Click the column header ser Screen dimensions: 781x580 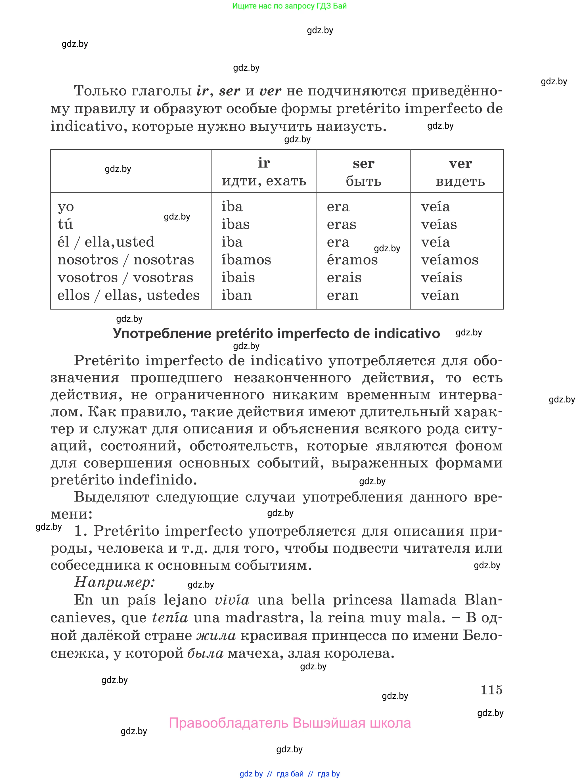coord(363,164)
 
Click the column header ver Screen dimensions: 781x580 coord(460,164)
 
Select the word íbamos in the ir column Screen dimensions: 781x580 coord(246,260)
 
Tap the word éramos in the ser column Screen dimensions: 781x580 coord(352,260)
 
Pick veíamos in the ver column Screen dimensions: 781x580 coord(449,260)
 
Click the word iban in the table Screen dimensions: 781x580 coord(236,295)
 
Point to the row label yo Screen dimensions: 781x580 coord(66,207)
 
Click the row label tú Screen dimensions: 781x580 coord(65,224)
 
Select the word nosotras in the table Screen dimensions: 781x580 coord(164,260)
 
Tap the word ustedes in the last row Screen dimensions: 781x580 coord(173,295)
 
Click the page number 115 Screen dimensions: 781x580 coord(491,690)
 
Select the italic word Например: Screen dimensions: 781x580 coord(114,582)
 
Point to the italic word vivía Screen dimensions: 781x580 coord(232,600)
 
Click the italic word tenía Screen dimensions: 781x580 coord(170,617)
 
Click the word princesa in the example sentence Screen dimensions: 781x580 coord(362,600)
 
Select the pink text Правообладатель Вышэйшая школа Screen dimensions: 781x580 coord(290,723)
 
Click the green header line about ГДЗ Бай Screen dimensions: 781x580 coord(289,6)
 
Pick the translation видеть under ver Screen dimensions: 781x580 coord(460,181)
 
